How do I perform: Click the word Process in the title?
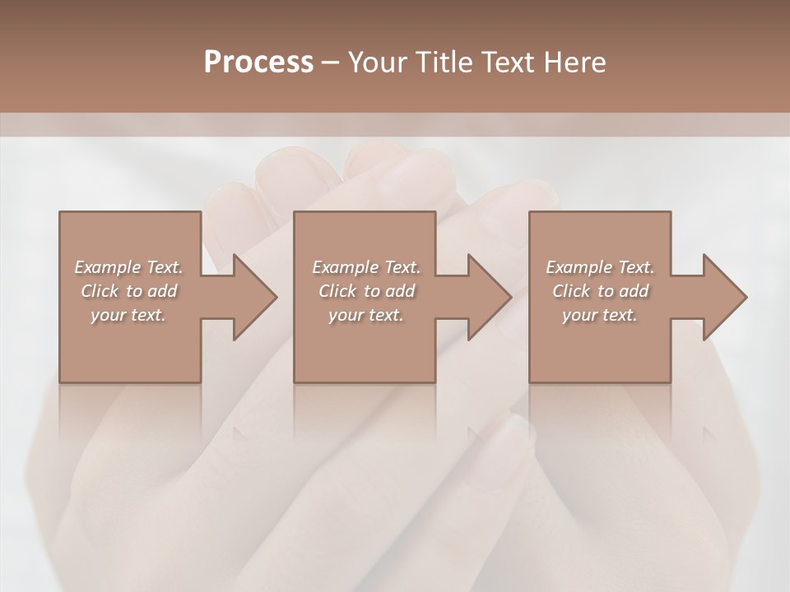258,62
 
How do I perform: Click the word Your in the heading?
379,62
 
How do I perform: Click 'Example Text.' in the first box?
128,267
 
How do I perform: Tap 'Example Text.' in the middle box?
366,267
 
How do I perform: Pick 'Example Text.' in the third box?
600,267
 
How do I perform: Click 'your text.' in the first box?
128,315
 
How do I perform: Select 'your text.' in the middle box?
366,315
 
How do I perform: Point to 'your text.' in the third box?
600,315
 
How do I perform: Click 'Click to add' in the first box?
128,291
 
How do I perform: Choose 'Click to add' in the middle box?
366,291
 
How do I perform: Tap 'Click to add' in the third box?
600,291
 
